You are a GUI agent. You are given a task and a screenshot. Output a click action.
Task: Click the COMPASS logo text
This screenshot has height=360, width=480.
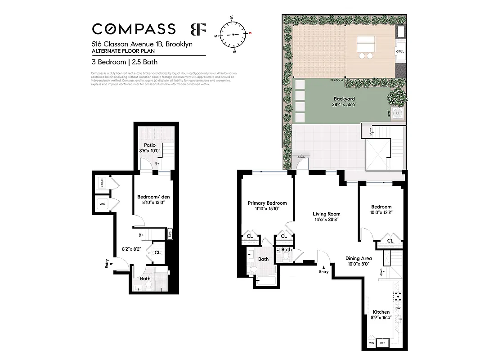[134, 29]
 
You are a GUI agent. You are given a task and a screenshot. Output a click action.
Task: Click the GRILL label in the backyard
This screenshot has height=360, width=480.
[400, 52]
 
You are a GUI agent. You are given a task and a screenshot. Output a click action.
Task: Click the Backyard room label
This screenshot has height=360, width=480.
[344, 99]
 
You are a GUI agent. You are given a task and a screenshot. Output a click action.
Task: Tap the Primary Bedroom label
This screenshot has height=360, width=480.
[267, 203]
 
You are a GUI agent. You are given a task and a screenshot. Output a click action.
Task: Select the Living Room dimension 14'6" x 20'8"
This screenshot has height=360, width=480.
[326, 219]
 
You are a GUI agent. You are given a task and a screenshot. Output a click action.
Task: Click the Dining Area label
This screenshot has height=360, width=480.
[358, 258]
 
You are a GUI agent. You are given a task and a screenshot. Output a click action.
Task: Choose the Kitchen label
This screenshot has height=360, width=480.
[381, 312]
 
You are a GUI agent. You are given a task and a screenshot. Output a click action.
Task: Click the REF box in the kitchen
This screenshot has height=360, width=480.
[383, 343]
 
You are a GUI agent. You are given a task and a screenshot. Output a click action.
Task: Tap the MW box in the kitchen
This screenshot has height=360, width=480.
[371, 343]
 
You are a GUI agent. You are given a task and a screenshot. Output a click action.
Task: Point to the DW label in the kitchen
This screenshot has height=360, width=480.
[398, 308]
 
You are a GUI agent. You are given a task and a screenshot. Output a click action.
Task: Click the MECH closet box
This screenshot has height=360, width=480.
[102, 183]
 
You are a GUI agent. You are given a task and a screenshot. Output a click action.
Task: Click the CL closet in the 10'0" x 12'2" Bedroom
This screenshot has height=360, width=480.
[390, 241]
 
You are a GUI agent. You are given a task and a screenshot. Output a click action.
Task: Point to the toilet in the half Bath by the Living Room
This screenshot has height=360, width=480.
[286, 257]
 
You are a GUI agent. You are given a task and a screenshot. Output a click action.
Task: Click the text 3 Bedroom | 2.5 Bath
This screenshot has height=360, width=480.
[125, 62]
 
